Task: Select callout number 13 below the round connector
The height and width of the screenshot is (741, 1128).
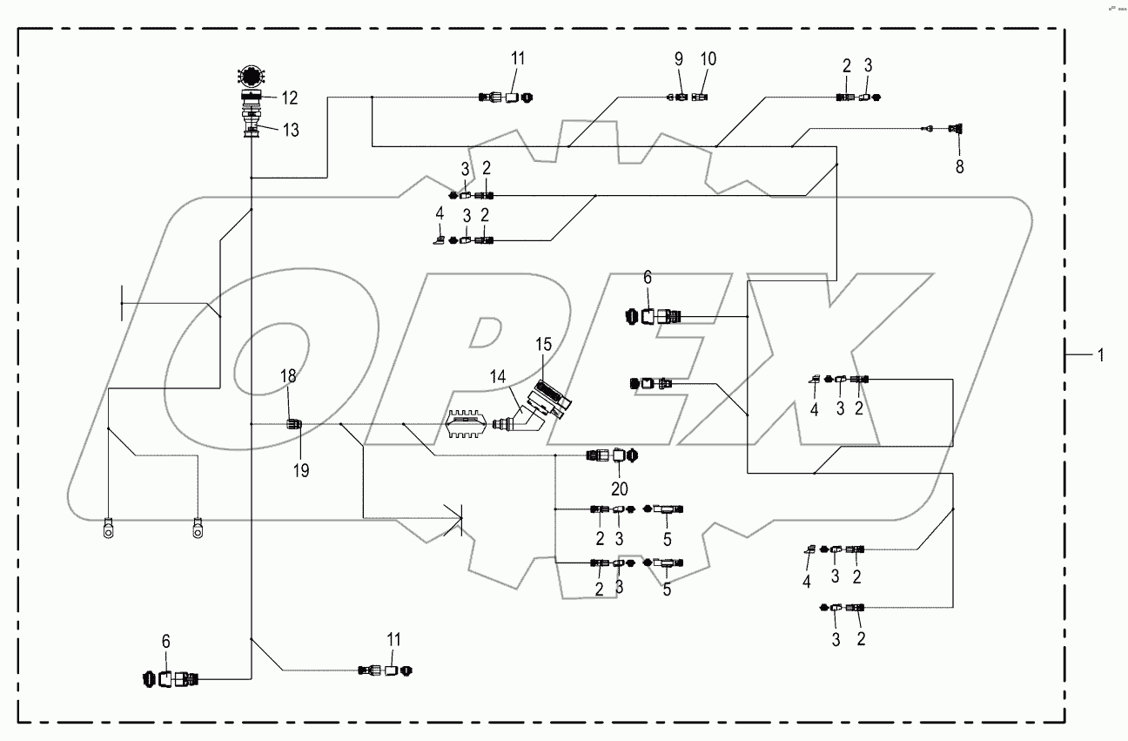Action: coord(290,131)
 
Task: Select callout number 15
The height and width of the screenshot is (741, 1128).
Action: coord(544,345)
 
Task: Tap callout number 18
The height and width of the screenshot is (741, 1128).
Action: coord(288,375)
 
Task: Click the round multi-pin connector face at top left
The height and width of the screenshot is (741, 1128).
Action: coord(252,77)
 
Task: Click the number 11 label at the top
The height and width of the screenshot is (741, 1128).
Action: coord(518,59)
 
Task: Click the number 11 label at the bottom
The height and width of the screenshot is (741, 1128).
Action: coord(394,640)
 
